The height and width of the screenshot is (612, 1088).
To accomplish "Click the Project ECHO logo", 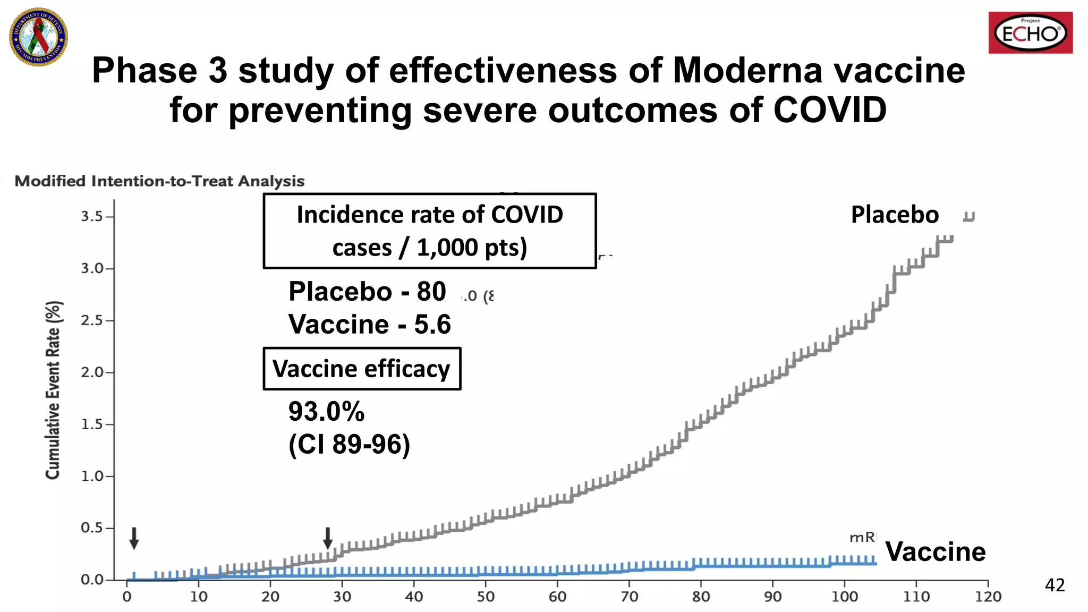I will point(1030,33).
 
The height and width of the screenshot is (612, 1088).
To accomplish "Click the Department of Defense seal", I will point(39,37).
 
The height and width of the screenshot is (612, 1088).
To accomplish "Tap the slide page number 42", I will point(1055,585).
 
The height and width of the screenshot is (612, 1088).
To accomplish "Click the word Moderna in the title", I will point(747,71).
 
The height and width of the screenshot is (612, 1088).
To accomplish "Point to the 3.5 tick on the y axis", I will point(92,217).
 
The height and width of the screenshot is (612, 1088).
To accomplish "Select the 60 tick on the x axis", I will point(557,597).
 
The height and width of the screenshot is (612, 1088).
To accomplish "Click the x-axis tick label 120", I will point(988,597).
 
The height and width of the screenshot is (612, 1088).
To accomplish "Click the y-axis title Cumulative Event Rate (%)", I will point(53,390).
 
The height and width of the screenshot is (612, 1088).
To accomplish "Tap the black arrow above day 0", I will point(134,538).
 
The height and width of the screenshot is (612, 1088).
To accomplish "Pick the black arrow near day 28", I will point(328,538).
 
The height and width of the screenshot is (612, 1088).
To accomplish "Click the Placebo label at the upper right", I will point(895,215).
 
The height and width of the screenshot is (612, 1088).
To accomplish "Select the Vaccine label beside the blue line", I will point(935,551).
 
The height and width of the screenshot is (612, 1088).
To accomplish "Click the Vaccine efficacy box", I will point(362,369).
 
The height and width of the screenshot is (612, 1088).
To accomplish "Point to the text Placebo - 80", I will point(367,291).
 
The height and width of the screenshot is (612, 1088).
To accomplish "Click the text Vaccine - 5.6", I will point(370,324).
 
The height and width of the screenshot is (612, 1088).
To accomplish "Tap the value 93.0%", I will point(326,411).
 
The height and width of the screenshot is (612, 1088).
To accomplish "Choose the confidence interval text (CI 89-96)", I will point(349,444).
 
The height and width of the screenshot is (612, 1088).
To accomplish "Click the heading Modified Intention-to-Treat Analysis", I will point(159,181).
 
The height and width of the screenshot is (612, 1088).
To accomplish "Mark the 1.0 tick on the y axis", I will point(92,476).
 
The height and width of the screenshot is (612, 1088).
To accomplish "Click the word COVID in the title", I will point(829,110).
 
